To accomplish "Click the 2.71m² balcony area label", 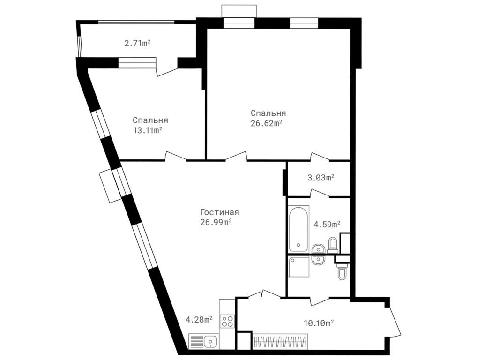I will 137,44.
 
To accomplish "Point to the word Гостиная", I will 216,212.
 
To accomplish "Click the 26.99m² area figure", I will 216,222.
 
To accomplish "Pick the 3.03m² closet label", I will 320,178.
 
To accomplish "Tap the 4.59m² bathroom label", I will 327,225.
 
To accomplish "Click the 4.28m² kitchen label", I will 199,320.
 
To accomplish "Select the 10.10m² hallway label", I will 319,322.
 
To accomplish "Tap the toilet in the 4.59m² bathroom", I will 333,244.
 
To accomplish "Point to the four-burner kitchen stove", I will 227,321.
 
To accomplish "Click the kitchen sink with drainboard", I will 204,341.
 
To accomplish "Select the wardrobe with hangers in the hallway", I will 280,340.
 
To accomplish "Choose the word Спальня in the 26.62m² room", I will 268,113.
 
